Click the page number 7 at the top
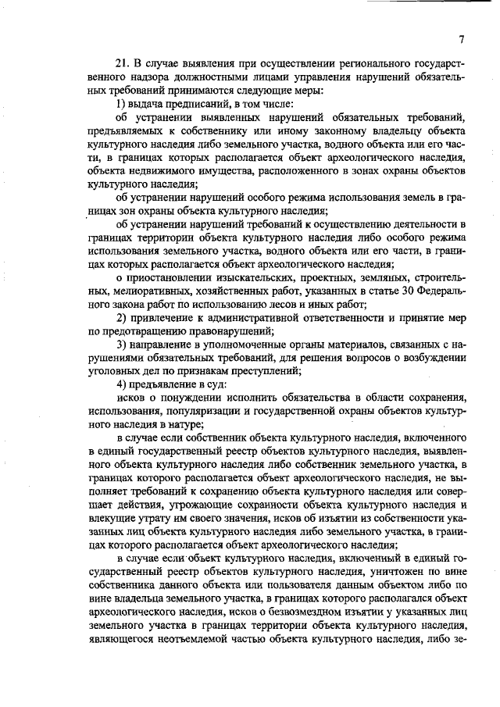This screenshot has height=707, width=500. point(462,41)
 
